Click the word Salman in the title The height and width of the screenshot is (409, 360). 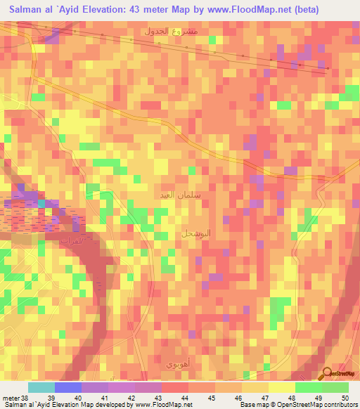point(27,10)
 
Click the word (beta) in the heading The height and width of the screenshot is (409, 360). point(304,10)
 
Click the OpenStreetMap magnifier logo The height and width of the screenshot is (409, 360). point(328,373)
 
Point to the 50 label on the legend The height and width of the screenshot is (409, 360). point(344,397)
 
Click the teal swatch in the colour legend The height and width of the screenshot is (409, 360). point(41,387)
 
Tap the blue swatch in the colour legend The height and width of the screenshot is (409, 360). point(68,387)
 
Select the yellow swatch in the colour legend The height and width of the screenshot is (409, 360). point(281,387)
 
